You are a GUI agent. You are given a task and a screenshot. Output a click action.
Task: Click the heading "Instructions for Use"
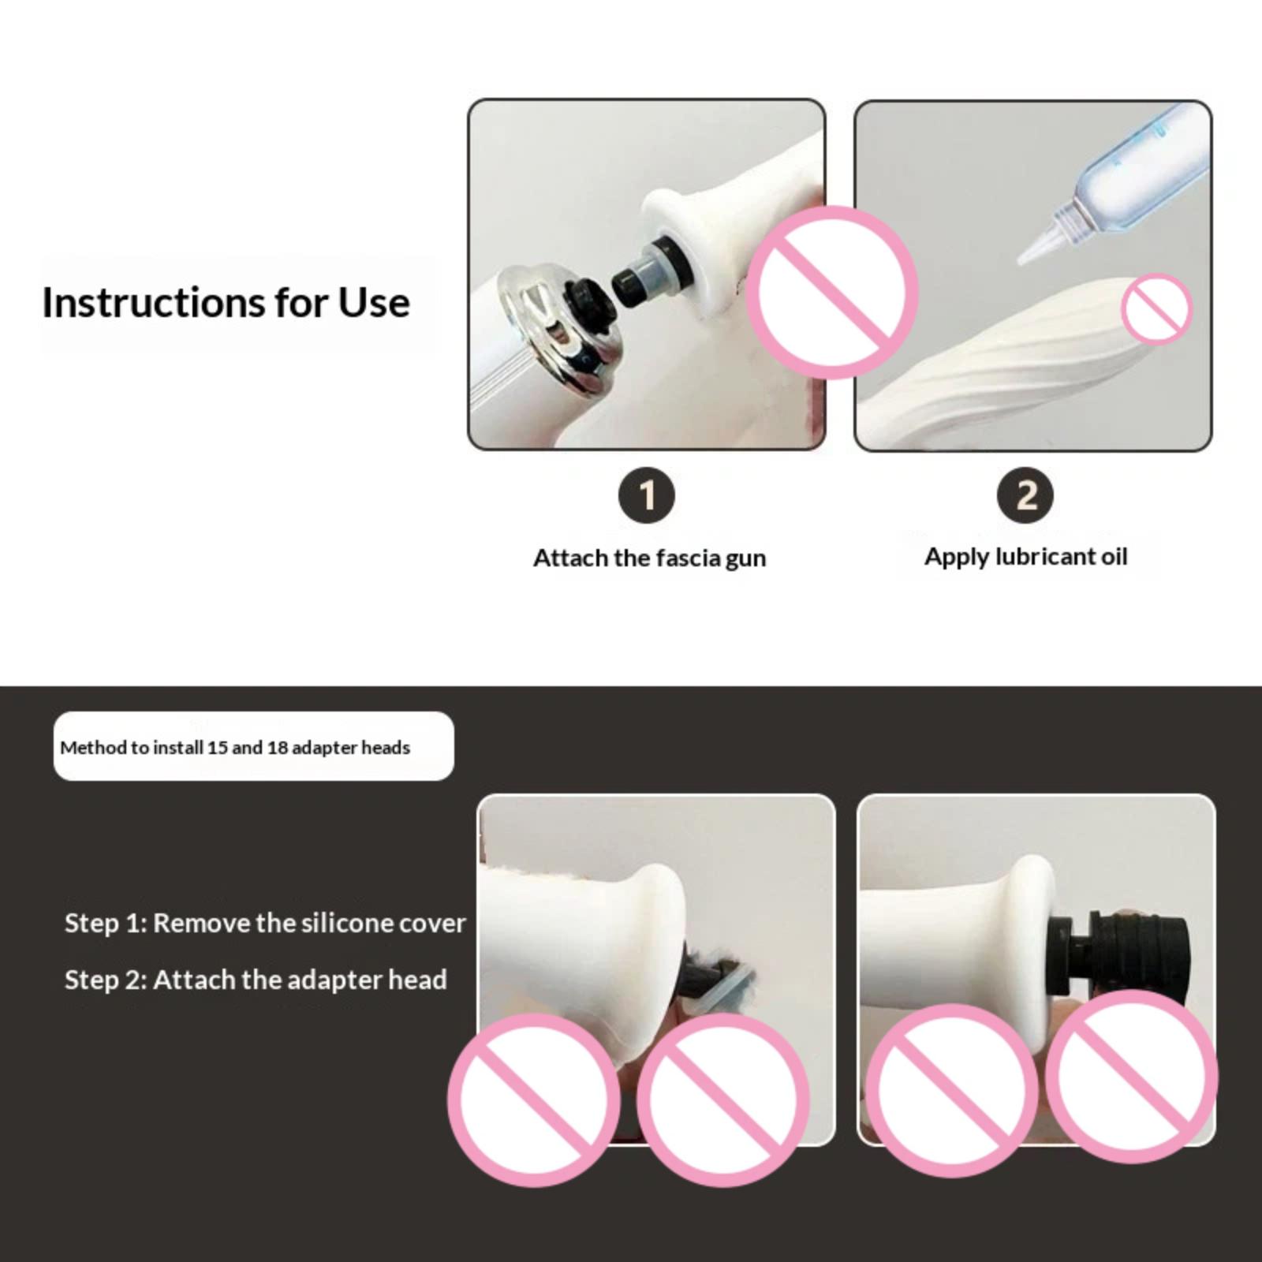(x=226, y=303)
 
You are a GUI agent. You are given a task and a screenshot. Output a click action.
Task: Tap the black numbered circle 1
(x=647, y=496)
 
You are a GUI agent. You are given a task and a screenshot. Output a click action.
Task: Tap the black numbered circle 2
(x=1025, y=496)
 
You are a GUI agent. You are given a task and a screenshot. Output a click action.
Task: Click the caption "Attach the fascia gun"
(x=649, y=558)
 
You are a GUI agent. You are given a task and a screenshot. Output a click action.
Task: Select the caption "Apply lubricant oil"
(x=1025, y=557)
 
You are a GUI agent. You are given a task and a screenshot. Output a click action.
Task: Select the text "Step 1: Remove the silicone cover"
(x=265, y=923)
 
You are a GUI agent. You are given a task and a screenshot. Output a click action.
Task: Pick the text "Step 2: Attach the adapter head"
(x=256, y=980)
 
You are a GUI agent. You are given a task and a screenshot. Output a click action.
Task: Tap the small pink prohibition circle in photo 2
(x=1156, y=308)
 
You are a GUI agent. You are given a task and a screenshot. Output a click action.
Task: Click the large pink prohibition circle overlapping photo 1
(x=832, y=292)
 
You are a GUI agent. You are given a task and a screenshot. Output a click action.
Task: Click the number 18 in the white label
(x=277, y=747)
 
